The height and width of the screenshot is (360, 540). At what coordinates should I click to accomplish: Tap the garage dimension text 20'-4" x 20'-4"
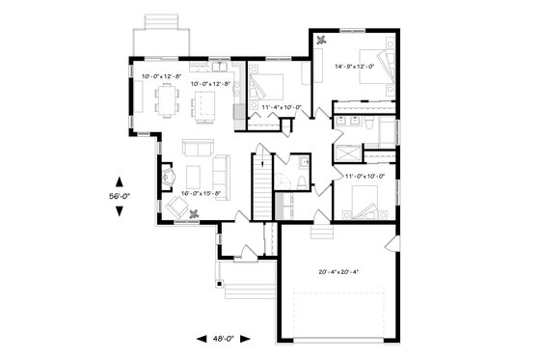(x=336, y=271)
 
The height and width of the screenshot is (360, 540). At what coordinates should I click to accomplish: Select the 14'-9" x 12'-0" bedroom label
(x=356, y=67)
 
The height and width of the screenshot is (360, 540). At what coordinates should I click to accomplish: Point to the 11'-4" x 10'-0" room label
(x=281, y=107)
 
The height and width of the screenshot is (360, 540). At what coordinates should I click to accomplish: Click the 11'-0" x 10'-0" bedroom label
(x=364, y=176)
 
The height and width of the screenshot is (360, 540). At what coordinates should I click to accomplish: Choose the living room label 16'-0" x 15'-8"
(x=201, y=194)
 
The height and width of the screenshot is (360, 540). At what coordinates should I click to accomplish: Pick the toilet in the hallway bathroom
(x=302, y=182)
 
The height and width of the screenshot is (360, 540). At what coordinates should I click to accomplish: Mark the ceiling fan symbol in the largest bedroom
(x=322, y=40)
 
